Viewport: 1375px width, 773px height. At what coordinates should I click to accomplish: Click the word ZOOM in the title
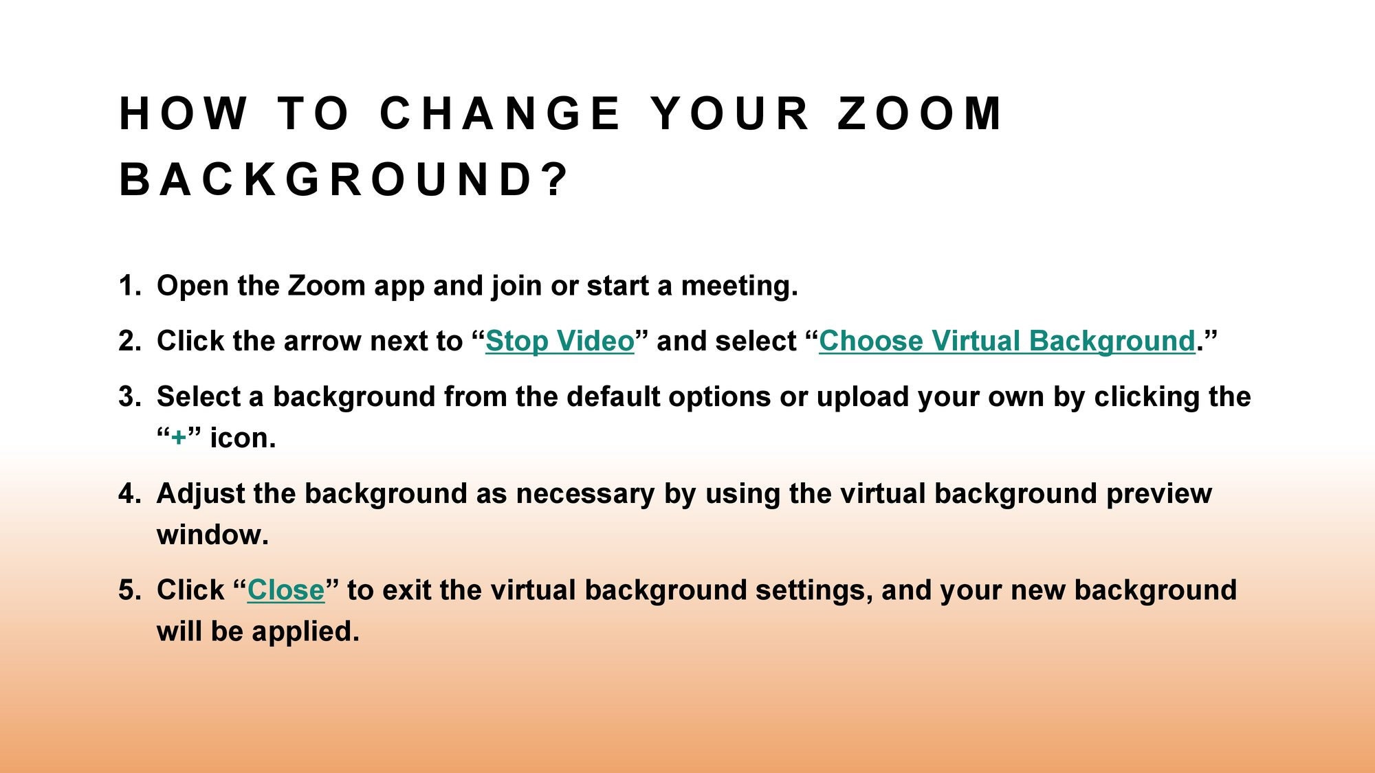click(920, 113)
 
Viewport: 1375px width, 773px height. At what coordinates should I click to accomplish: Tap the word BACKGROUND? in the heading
click(344, 180)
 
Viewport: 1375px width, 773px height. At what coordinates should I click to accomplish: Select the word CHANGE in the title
click(500, 113)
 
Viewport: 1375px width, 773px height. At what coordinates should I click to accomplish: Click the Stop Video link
click(560, 341)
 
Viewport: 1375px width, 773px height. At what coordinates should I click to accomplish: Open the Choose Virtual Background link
click(1007, 341)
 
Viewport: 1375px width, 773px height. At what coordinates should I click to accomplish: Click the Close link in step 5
click(285, 590)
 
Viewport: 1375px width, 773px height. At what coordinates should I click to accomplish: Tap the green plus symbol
click(179, 438)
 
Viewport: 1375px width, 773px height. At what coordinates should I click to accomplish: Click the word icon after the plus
click(242, 438)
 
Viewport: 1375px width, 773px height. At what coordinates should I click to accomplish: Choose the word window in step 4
click(212, 535)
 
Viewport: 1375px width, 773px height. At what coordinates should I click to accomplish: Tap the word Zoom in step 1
click(326, 286)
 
